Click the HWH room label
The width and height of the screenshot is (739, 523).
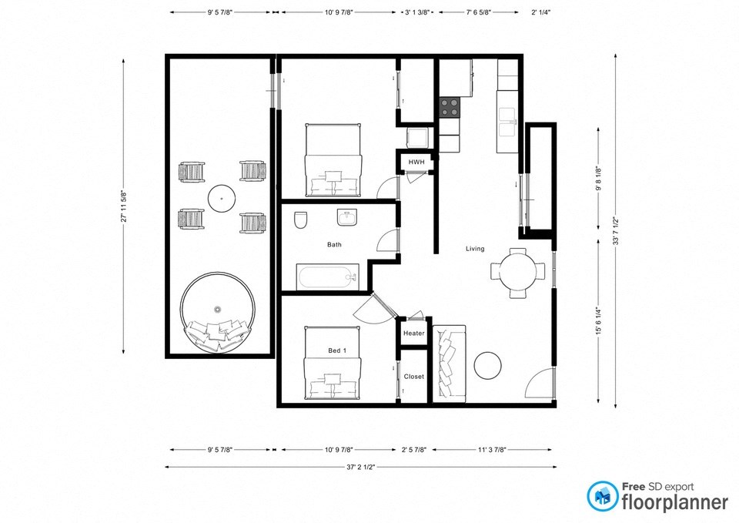416,162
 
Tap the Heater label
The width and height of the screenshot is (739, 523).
414,334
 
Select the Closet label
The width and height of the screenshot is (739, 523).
414,377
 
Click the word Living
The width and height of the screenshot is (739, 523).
475,249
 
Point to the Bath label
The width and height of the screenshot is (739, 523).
334,245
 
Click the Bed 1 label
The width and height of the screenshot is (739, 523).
337,351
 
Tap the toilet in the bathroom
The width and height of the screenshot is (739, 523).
300,220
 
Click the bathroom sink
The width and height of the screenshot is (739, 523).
348,219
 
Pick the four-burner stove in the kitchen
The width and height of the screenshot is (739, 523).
450,107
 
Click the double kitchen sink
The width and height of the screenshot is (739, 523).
507,116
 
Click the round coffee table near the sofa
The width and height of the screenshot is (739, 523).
488,365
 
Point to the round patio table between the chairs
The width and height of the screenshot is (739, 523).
222,198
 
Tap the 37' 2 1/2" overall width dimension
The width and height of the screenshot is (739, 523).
360,467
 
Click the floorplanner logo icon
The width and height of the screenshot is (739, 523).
603,497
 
